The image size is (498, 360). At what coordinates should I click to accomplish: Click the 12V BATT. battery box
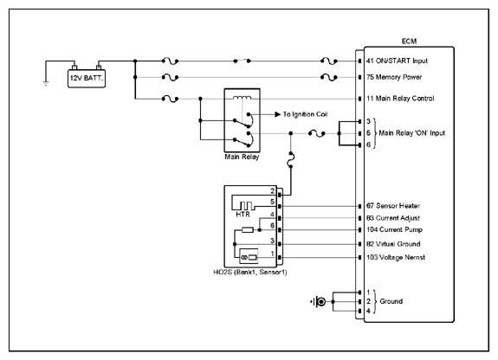(87, 79)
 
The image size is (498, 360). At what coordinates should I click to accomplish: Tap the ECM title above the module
(409, 42)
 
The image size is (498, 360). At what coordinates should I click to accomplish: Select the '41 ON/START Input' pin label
(397, 61)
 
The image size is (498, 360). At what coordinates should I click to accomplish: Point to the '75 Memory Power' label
(394, 77)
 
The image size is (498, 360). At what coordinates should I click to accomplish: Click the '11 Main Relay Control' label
(400, 99)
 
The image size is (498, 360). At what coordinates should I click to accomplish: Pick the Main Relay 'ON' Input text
(412, 133)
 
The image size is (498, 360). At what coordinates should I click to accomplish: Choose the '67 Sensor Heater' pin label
(393, 206)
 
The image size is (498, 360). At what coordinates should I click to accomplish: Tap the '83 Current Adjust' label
(393, 218)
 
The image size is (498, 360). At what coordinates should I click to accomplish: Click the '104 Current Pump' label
(394, 229)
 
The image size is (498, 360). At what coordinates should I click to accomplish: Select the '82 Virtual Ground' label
(393, 244)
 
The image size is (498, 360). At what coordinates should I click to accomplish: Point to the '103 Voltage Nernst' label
(396, 257)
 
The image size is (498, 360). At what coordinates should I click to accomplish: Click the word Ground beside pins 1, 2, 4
(391, 301)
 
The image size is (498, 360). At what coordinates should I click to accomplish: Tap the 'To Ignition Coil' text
(305, 114)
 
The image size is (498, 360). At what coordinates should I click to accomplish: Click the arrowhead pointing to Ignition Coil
(278, 114)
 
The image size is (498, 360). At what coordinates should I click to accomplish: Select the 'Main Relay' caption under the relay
(242, 157)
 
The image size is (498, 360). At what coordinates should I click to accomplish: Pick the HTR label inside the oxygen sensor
(243, 215)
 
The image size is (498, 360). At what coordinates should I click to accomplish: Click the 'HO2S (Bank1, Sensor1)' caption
(250, 272)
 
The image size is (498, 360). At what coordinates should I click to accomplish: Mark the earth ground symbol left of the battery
(46, 83)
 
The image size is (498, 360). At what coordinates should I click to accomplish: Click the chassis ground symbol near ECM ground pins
(319, 302)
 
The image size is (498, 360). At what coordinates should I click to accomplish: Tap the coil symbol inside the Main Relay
(242, 97)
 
